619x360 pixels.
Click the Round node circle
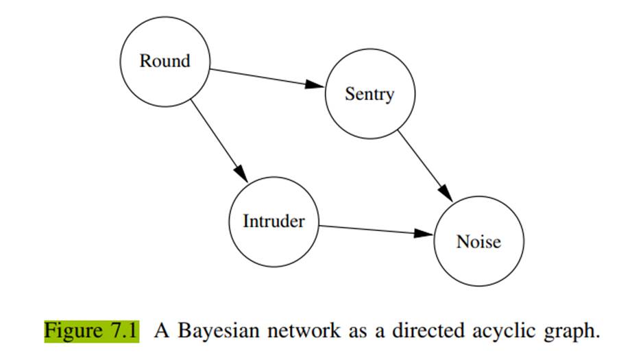tap(165, 62)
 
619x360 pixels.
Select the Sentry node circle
tap(369, 94)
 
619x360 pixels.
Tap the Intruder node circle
tap(273, 221)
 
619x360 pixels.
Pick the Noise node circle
tap(478, 241)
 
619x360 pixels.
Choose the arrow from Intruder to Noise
tap(370, 230)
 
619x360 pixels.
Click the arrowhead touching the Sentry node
tap(315, 84)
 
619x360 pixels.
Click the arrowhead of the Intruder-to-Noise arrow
tap(425, 234)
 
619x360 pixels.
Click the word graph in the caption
tap(571, 332)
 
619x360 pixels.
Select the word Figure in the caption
tap(73, 331)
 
